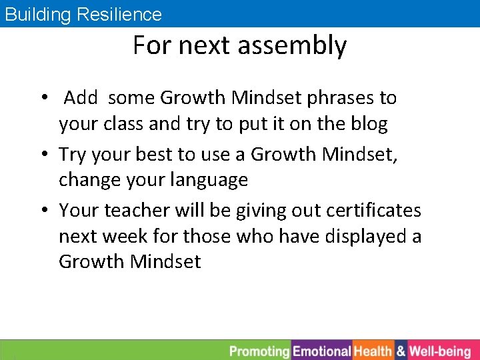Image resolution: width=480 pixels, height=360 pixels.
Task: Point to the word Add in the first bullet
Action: tap(81, 98)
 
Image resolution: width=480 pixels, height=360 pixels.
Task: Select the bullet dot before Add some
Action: tap(45, 99)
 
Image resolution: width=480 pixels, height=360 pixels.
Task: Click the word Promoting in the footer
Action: tap(260, 351)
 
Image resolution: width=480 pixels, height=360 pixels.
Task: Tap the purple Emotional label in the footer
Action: tap(322, 351)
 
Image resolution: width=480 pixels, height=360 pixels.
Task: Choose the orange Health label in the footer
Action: tap(373, 351)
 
